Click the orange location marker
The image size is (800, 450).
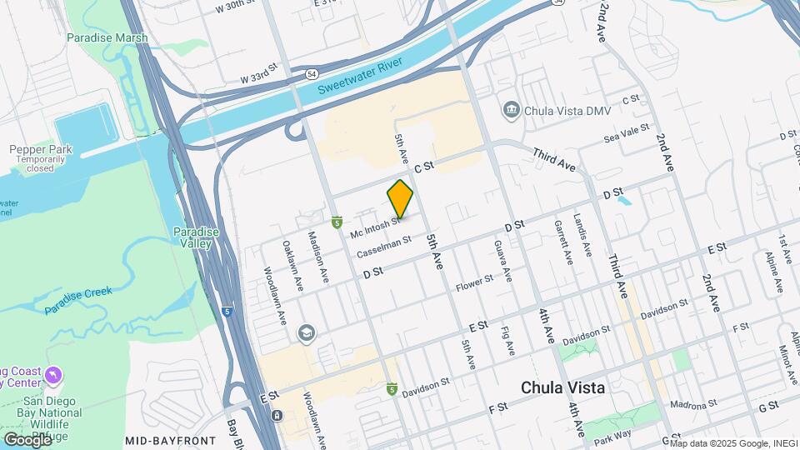(401, 199)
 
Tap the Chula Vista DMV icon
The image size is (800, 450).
(510, 110)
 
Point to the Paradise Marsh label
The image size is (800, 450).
(107, 38)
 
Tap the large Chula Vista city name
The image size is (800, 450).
(562, 387)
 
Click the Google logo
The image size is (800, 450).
(27, 439)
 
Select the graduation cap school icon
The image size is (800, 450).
(307, 333)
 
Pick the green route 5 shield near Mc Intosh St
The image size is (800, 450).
(337, 222)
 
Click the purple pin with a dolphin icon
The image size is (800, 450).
(54, 377)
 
